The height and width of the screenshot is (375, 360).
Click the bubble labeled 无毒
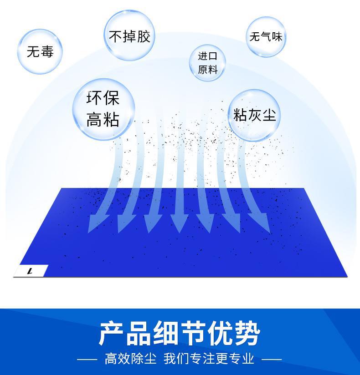click(x=40, y=51)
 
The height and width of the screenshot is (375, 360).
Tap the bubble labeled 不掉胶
click(x=129, y=35)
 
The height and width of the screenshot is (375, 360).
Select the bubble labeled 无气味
click(x=266, y=36)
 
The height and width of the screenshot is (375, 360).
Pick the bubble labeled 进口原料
click(x=207, y=63)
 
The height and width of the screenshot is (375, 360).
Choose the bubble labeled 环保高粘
click(x=103, y=109)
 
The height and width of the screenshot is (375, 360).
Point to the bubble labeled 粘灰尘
click(x=254, y=114)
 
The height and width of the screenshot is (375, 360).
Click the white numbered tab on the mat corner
click(x=31, y=271)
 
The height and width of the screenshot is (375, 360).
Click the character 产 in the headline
click(x=112, y=334)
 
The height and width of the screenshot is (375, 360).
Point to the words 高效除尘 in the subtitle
click(x=130, y=359)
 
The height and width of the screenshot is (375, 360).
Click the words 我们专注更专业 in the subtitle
click(x=209, y=359)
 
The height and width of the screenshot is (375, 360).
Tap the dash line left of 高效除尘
click(x=87, y=359)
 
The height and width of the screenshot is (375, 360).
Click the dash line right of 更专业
click(x=272, y=359)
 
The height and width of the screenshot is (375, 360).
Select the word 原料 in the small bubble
click(x=207, y=70)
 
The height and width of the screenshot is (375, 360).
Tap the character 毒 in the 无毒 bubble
click(x=46, y=51)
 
